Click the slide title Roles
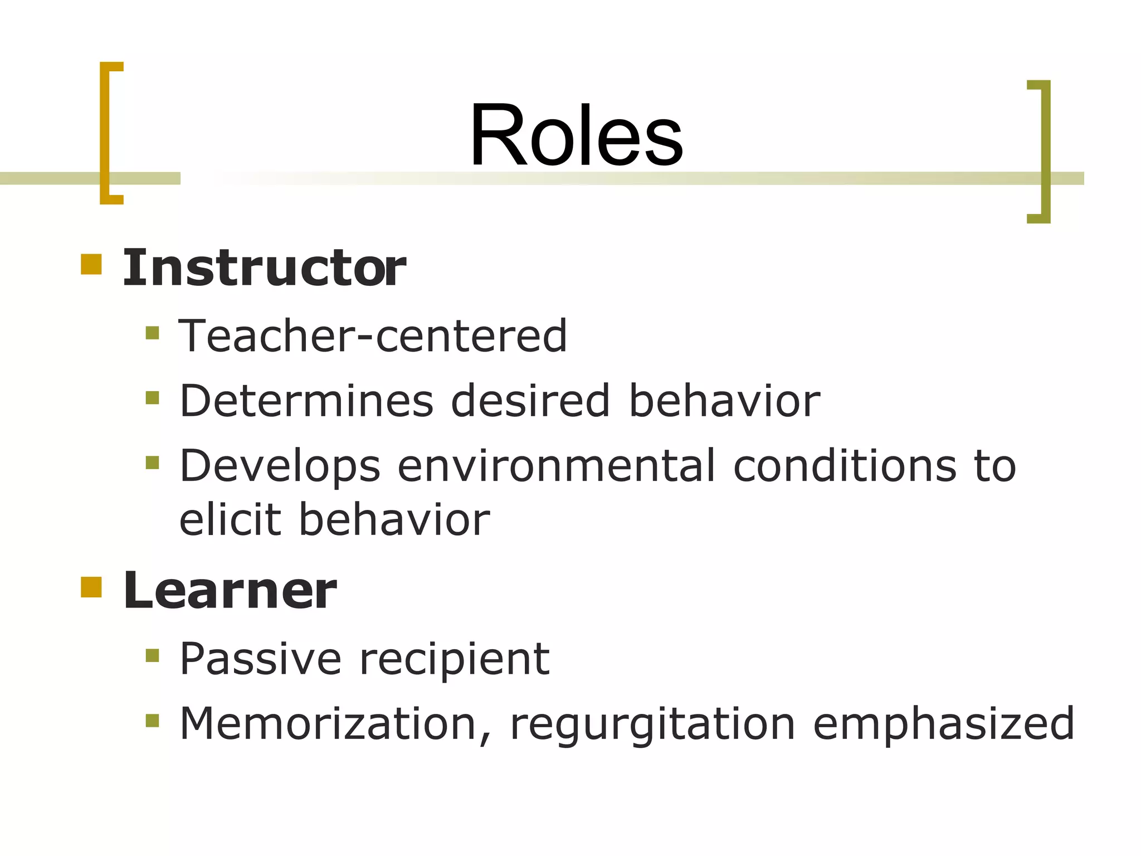click(x=576, y=135)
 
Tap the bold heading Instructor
click(x=264, y=268)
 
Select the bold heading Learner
click(x=230, y=591)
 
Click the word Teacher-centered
click(x=373, y=336)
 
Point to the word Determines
click(x=306, y=401)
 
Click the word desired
click(x=530, y=401)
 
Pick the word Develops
click(x=280, y=466)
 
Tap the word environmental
click(x=556, y=466)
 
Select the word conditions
click(x=844, y=466)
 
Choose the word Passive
click(x=260, y=659)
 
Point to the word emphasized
click(x=944, y=723)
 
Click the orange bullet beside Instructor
click(x=91, y=264)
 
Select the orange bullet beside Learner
click(x=91, y=587)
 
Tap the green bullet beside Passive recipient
click(x=152, y=655)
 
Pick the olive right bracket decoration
click(x=1045, y=152)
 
